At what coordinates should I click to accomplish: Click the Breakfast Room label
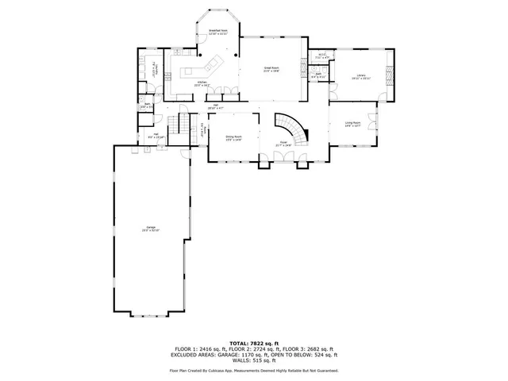coord(218,32)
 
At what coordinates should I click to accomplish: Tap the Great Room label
coord(271,69)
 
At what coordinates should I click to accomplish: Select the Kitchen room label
coord(202,83)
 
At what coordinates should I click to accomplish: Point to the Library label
coord(361,76)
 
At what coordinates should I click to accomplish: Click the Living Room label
coord(352,124)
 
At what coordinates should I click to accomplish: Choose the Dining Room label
coord(233,138)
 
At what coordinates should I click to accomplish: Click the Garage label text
coord(151,229)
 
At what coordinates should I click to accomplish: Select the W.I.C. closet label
coord(321,56)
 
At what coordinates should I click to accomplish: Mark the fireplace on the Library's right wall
coord(388,76)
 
